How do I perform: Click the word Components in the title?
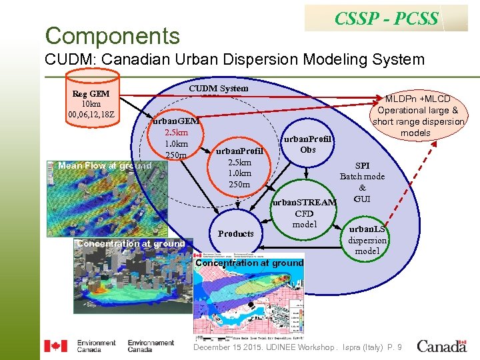point(112,35)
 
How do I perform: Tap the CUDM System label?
point(218,89)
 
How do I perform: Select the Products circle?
point(236,233)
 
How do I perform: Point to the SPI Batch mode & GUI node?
point(362,182)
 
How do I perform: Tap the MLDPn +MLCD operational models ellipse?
point(418,117)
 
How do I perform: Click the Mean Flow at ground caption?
point(105,165)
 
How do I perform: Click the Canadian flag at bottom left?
point(55,346)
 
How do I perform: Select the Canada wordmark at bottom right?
point(441,346)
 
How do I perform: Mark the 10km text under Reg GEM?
point(91,104)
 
